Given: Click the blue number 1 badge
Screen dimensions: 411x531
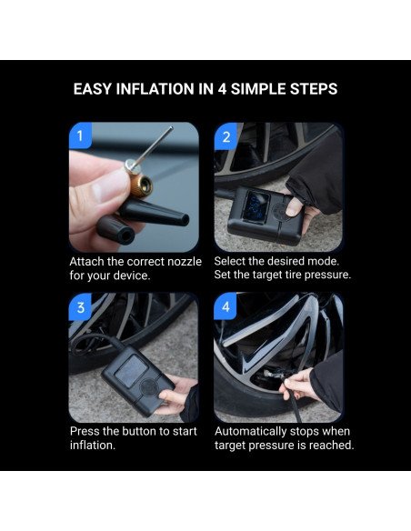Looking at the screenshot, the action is [x=80, y=135].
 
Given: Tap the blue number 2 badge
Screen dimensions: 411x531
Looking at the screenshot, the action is [x=226, y=136].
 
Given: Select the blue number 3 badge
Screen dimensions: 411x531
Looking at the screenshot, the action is [x=80, y=307].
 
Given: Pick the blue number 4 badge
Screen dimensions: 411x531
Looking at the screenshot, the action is [x=226, y=306].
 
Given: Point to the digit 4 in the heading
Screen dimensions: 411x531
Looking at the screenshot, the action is [x=222, y=89].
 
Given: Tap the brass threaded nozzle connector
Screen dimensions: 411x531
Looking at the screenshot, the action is [x=141, y=185].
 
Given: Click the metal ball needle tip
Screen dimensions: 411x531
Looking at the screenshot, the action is [x=171, y=128].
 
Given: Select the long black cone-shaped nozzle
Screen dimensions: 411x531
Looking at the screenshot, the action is [x=154, y=213].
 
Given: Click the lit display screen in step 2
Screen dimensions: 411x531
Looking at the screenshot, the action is [x=256, y=205].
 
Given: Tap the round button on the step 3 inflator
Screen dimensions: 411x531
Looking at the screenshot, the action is [x=149, y=386].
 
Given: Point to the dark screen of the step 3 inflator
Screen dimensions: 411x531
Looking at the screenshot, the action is [x=131, y=370].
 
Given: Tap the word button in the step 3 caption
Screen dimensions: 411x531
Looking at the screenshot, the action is [x=139, y=431].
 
